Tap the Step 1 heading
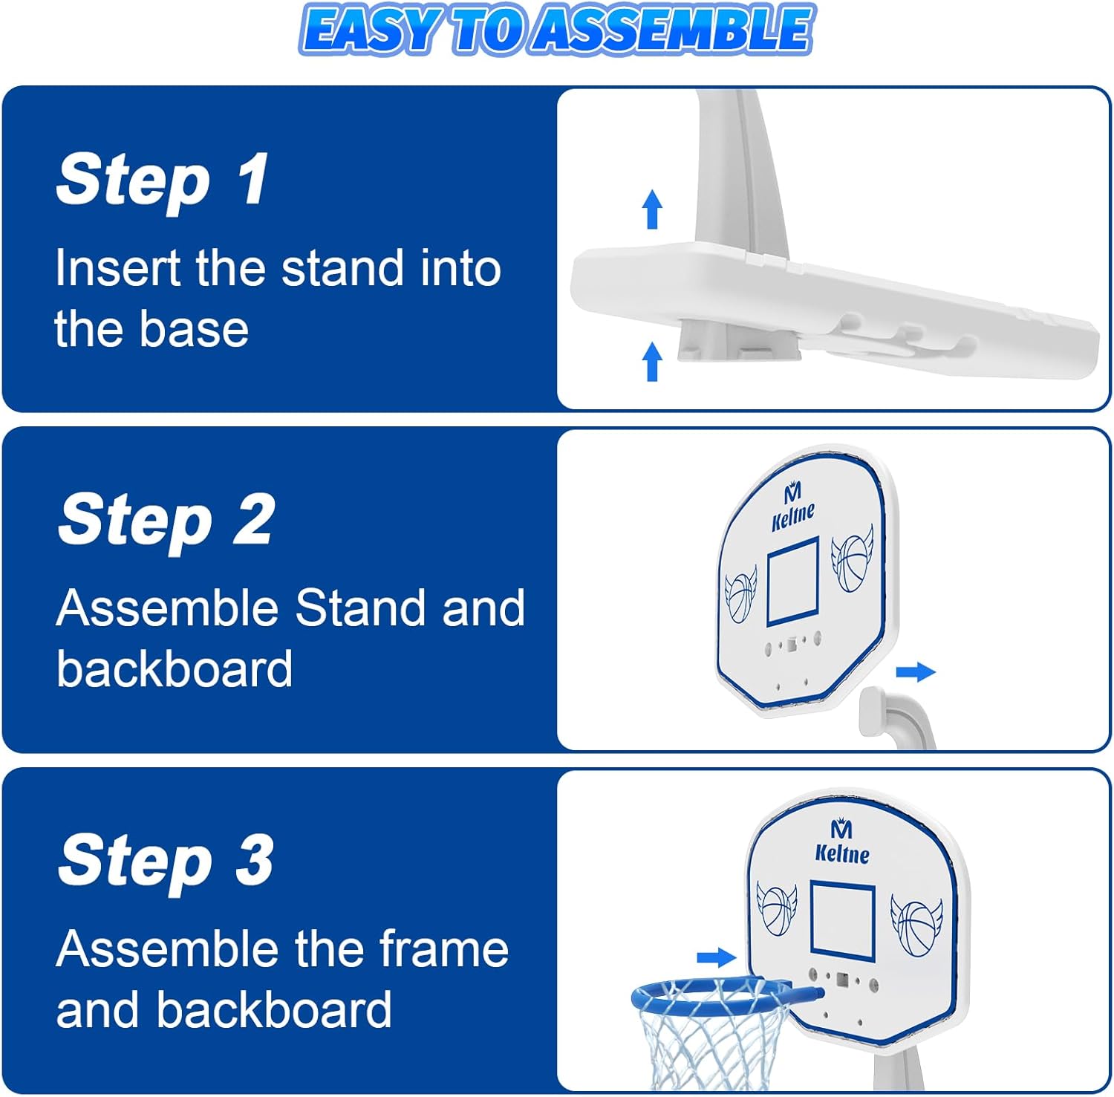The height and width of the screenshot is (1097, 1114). click(162, 180)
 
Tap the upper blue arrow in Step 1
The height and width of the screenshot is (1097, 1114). click(652, 209)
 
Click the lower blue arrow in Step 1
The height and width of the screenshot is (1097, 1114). click(652, 361)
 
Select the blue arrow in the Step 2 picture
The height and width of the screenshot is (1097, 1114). click(916, 672)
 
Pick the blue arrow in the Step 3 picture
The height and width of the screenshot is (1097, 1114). click(717, 957)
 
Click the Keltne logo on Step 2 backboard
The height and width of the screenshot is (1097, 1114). click(793, 507)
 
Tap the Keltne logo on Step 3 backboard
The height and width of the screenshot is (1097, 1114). click(842, 842)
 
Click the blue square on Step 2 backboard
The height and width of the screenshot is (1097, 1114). click(792, 581)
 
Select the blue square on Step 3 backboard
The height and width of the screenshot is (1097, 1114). click(842, 919)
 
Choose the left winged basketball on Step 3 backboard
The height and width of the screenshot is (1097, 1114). click(777, 908)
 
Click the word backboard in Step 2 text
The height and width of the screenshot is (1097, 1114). click(175, 668)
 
